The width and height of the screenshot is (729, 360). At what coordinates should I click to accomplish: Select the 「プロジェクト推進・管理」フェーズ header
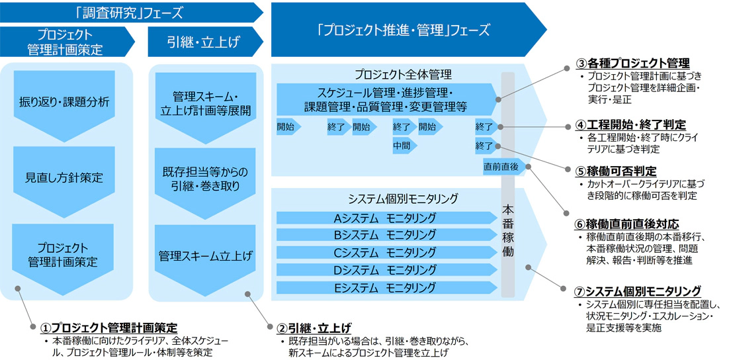tap(404, 30)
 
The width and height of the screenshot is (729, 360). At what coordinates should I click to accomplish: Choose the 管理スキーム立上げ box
tap(202, 255)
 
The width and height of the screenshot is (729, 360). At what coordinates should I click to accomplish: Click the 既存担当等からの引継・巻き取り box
tap(202, 179)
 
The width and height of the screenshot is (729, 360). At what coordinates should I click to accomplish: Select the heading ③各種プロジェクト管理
tap(632, 64)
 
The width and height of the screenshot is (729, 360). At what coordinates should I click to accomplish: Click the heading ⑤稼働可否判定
tap(619, 171)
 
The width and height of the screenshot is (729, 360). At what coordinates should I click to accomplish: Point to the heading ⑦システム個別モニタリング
tap(638, 291)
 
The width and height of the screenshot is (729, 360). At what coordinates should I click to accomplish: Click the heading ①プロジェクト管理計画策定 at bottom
tap(109, 328)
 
